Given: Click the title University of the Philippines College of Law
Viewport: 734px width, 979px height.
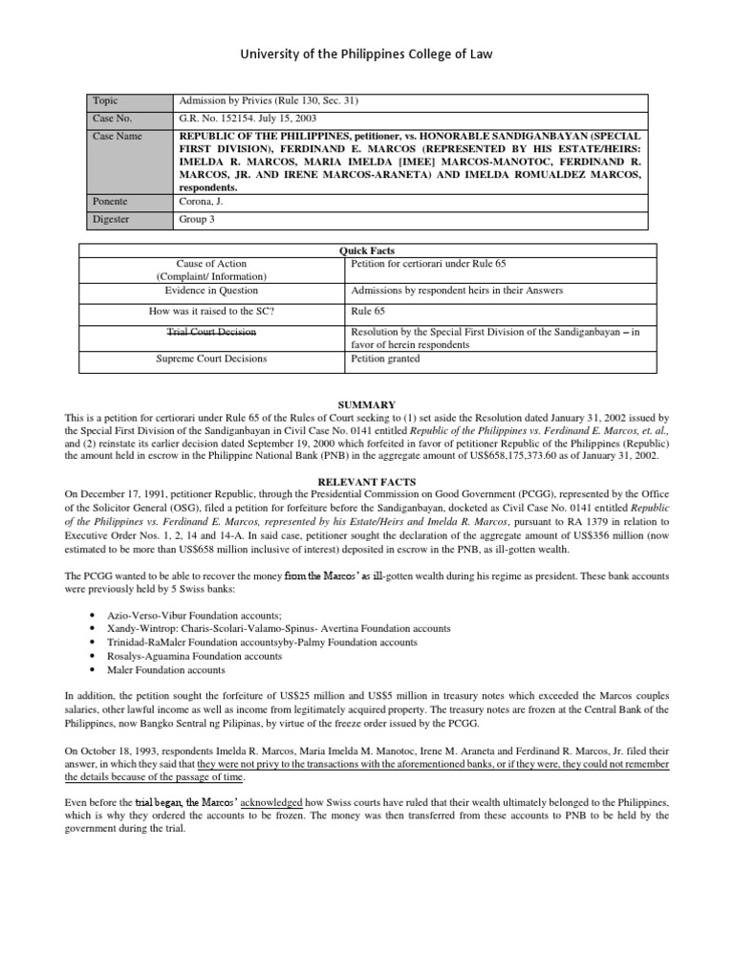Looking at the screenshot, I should (x=367, y=55).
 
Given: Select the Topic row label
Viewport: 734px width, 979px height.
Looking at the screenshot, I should (x=106, y=100).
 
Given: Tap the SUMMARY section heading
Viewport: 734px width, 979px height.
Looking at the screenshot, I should (x=367, y=405).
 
